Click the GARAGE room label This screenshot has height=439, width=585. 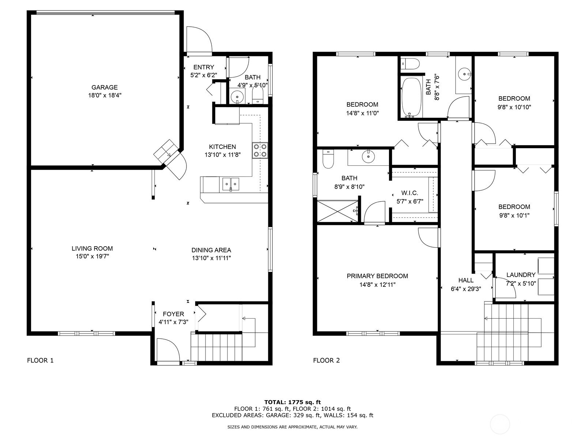pos(105,87)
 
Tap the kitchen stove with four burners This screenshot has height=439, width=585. pos(260,151)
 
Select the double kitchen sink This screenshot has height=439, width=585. pos(231,184)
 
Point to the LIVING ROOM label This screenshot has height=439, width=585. pos(92,248)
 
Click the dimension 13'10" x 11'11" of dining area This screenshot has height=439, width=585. pos(211,258)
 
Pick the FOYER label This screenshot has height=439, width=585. pos(174,314)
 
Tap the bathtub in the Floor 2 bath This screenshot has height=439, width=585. pos(411,97)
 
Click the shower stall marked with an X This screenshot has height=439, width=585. pos(338,211)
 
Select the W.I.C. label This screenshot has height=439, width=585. pos(409,193)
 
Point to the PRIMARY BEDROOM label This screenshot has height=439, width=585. pos(377,276)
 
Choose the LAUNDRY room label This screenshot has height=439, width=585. pos(521,274)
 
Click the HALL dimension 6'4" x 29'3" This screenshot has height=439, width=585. pos(466,289)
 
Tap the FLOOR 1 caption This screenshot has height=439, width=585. pos(40,360)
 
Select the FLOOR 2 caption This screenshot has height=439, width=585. pos(327,360)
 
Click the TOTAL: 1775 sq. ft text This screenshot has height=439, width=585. pos(292,402)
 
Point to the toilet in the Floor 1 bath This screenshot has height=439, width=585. pos(257,95)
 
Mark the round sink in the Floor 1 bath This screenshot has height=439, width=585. pos(237,97)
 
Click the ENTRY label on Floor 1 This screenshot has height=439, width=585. pos(204,67)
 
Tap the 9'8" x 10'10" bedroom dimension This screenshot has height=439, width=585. pos(514,107)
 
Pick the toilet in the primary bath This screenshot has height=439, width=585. pos(328,159)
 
